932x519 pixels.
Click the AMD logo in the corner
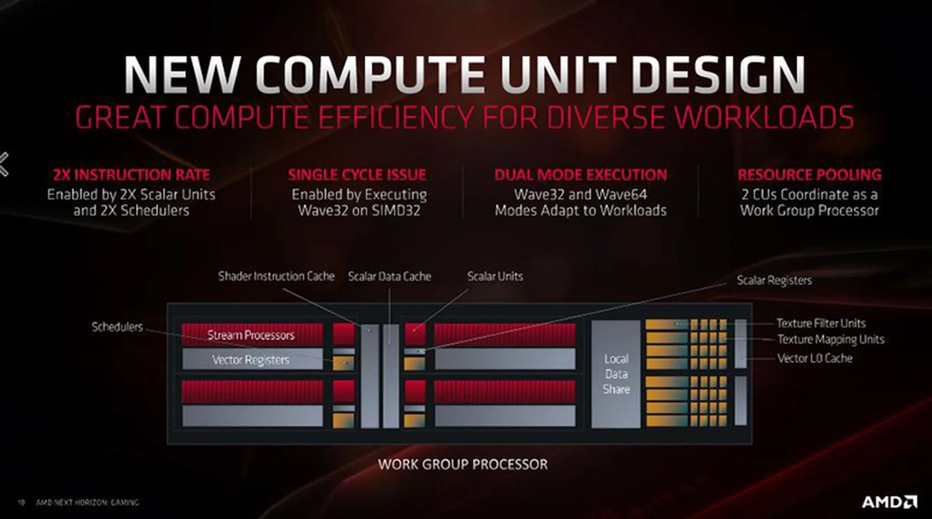(x=889, y=502)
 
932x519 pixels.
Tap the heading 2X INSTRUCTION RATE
(x=132, y=175)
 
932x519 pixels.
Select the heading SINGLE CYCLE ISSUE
(x=357, y=175)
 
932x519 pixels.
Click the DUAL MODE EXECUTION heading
(x=581, y=175)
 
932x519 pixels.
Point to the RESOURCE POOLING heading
(x=809, y=175)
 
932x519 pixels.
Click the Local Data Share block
(x=616, y=374)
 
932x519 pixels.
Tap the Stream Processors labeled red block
(x=251, y=335)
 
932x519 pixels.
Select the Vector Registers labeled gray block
(x=251, y=359)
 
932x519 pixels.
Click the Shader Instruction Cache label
(x=276, y=276)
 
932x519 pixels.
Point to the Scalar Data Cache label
(x=389, y=276)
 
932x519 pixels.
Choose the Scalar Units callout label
(x=495, y=276)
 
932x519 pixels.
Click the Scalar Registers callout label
(x=774, y=280)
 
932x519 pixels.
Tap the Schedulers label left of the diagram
(x=117, y=327)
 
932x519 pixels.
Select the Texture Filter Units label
(x=821, y=323)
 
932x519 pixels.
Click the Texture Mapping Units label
(x=831, y=339)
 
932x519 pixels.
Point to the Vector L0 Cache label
(x=815, y=358)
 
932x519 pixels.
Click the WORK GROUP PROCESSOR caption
(x=463, y=464)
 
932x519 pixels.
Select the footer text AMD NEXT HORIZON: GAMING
(x=87, y=503)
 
